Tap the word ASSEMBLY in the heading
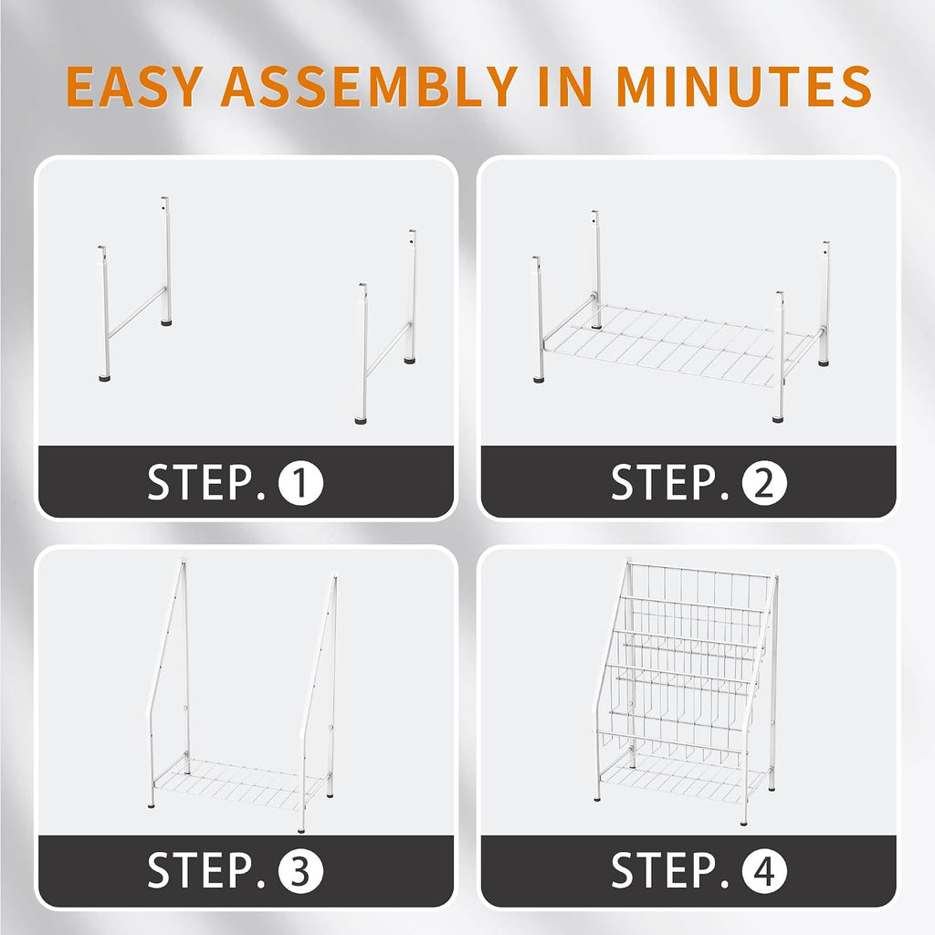(369, 87)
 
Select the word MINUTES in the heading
(743, 87)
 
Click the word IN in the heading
(564, 87)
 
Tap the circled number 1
(300, 483)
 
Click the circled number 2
(764, 483)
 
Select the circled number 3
(300, 871)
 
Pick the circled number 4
(764, 871)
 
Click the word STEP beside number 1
(205, 483)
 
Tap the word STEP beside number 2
(669, 483)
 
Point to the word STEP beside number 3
(205, 871)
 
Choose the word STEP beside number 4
(669, 871)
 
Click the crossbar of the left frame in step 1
(137, 312)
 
